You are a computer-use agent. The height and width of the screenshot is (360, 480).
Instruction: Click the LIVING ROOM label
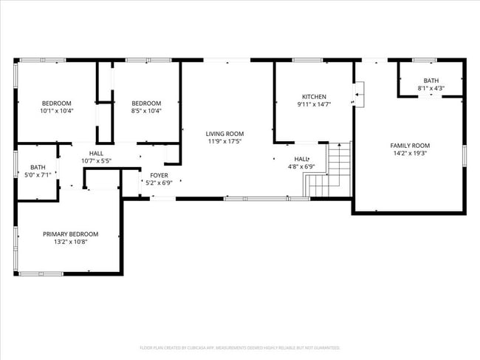coord(224,134)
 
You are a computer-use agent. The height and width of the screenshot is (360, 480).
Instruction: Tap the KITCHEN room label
coord(314,97)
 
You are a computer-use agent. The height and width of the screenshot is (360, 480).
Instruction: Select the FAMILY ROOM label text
coord(410,146)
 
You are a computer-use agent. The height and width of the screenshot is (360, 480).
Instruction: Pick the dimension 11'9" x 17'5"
coord(224,141)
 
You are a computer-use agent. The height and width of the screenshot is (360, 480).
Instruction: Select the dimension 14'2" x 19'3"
coord(410,154)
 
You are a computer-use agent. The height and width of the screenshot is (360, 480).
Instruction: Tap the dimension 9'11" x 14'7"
coord(314,105)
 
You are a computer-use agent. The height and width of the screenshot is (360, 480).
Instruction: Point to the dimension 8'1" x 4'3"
coord(431,89)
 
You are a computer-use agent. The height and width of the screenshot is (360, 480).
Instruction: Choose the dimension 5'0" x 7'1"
coord(36,176)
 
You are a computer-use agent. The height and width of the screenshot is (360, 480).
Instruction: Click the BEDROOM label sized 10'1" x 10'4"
coord(56,103)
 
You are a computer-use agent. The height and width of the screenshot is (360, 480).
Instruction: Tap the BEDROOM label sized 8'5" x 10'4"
coord(146,103)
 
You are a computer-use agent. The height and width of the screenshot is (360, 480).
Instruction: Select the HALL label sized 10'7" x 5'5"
coord(96,152)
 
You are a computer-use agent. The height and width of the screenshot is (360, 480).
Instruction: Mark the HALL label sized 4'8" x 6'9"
coord(301,159)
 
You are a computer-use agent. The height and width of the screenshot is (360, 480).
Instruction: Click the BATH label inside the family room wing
coord(431,81)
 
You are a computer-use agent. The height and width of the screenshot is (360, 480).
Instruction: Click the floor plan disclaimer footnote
coord(239,347)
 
